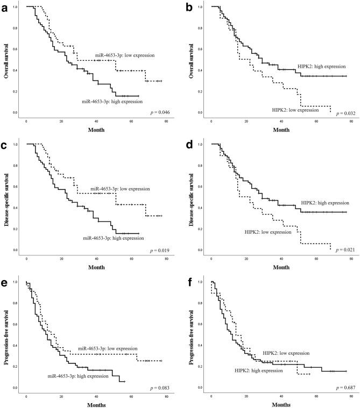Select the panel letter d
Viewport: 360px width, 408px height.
point(189,142)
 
